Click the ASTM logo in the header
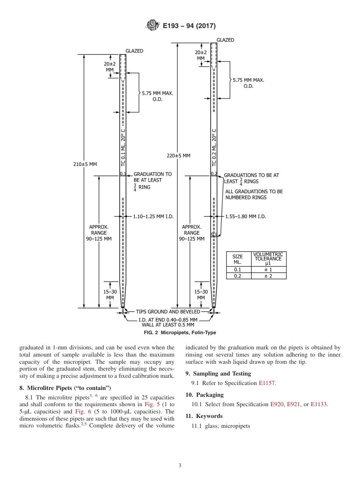pos(153,26)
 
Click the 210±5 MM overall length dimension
pos(85,164)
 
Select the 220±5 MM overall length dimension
pos(178,155)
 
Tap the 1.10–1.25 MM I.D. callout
pos(153,216)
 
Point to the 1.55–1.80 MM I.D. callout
pos(245,216)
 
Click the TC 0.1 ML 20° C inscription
pos(123,148)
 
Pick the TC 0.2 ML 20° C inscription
pos(214,148)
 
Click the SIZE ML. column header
pos(238,259)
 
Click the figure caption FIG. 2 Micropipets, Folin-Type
pos(180,333)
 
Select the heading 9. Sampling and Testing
pos(218,374)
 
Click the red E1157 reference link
pos(267,383)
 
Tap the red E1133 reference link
pos(319,404)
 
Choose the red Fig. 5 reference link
pos(151,404)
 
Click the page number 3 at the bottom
pos(180,465)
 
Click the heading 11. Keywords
pos(204,416)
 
